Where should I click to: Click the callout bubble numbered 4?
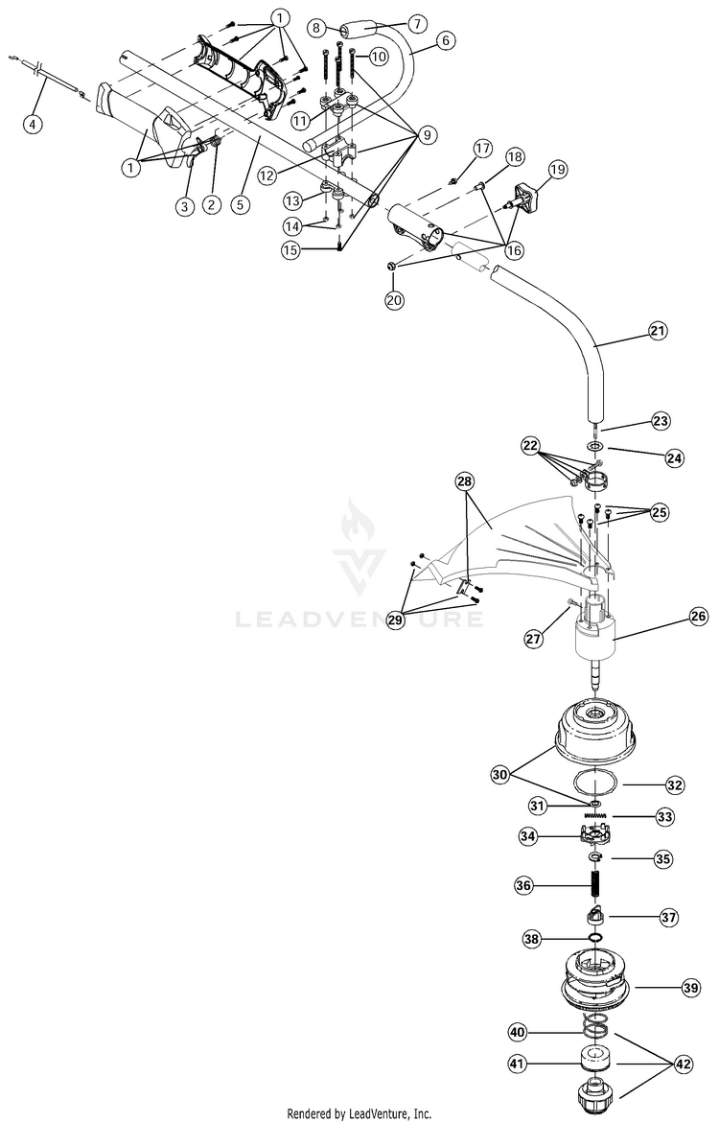[x=32, y=124]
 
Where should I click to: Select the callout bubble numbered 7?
[x=416, y=24]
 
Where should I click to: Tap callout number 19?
[x=558, y=170]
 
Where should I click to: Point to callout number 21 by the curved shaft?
[x=658, y=330]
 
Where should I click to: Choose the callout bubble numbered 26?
[x=698, y=616]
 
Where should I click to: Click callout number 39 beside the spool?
[x=690, y=989]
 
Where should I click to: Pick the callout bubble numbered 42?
[x=684, y=1065]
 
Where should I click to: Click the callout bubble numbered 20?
[x=394, y=299]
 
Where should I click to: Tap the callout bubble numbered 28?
[x=464, y=482]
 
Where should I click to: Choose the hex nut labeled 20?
[x=391, y=267]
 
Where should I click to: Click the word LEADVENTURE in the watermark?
[x=359, y=618]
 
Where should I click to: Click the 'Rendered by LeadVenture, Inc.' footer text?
[x=359, y=1113]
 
